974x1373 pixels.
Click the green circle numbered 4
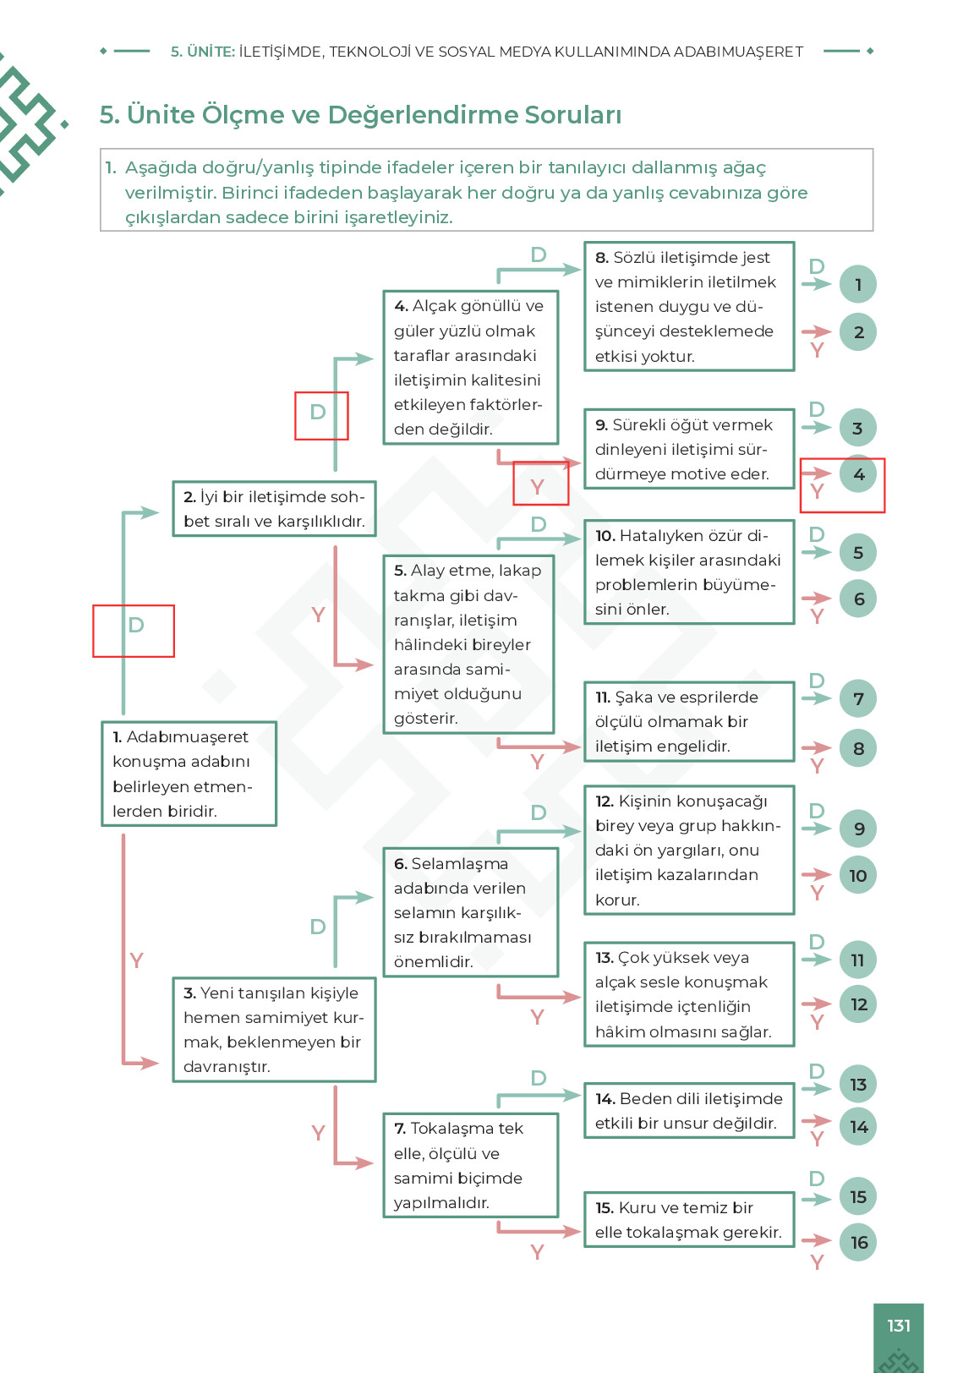(x=858, y=473)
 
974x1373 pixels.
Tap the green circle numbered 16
(x=858, y=1242)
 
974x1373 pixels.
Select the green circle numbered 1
(x=858, y=284)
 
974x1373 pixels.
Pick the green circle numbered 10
(x=858, y=875)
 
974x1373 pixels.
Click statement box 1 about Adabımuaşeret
(x=189, y=774)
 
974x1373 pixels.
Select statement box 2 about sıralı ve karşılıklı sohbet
(x=274, y=509)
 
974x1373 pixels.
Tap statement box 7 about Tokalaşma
(x=471, y=1165)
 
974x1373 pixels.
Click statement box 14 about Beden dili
(x=690, y=1111)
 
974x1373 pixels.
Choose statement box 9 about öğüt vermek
(x=690, y=449)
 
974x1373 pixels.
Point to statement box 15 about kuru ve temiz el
(x=690, y=1220)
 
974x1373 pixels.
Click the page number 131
(x=899, y=1326)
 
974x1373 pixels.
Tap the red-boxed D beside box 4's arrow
(x=318, y=412)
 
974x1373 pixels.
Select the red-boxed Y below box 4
(x=537, y=487)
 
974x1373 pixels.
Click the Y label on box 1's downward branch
(x=136, y=960)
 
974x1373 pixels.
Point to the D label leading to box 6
(x=318, y=927)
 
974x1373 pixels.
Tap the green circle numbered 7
(x=858, y=698)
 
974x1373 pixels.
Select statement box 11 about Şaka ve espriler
(x=690, y=722)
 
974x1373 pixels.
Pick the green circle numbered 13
(x=858, y=1085)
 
